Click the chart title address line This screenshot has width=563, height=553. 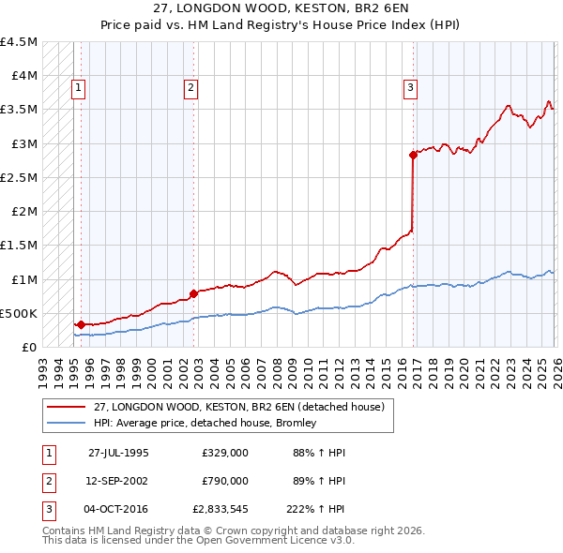281,8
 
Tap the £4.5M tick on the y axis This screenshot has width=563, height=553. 20,42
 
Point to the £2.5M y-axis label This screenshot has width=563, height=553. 20,178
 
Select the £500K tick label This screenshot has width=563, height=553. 21,314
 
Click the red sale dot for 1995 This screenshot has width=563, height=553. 82,324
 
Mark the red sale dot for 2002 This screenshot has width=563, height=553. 193,293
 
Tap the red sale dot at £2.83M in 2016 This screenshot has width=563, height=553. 413,155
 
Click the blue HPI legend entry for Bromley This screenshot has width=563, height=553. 205,423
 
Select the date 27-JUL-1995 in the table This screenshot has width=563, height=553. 118,452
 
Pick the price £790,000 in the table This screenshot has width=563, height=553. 225,481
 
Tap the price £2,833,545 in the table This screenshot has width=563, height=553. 219,510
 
